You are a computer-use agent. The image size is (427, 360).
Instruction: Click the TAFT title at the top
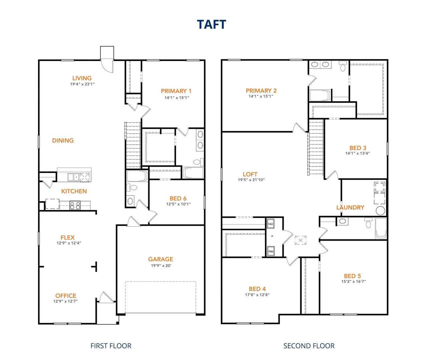[211, 24]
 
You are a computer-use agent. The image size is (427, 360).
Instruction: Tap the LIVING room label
[82, 78]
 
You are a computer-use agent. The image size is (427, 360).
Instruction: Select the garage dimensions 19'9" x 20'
[161, 266]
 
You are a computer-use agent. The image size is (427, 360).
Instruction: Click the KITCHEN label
[74, 191]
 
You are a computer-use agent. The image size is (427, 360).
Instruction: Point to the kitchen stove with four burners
[75, 205]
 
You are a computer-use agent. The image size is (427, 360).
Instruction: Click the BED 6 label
[178, 198]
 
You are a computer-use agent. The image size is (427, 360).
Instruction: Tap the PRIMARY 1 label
[176, 91]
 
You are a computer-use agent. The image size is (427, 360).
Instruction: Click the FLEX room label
[67, 237]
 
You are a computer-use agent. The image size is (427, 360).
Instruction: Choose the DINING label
[63, 141]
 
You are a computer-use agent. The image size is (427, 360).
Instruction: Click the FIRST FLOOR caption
[111, 346]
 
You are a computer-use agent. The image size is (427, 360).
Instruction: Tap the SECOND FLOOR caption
[309, 346]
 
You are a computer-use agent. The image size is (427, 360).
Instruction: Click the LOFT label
[250, 174]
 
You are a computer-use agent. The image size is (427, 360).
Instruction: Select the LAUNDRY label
[350, 207]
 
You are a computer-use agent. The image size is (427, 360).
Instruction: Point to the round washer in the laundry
[380, 211]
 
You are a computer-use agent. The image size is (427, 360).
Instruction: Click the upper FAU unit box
[271, 224]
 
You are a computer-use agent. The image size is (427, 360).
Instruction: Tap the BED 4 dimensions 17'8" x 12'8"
[257, 295]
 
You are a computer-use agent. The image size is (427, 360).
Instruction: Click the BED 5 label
[352, 276]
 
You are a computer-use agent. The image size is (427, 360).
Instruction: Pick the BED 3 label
[358, 148]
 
